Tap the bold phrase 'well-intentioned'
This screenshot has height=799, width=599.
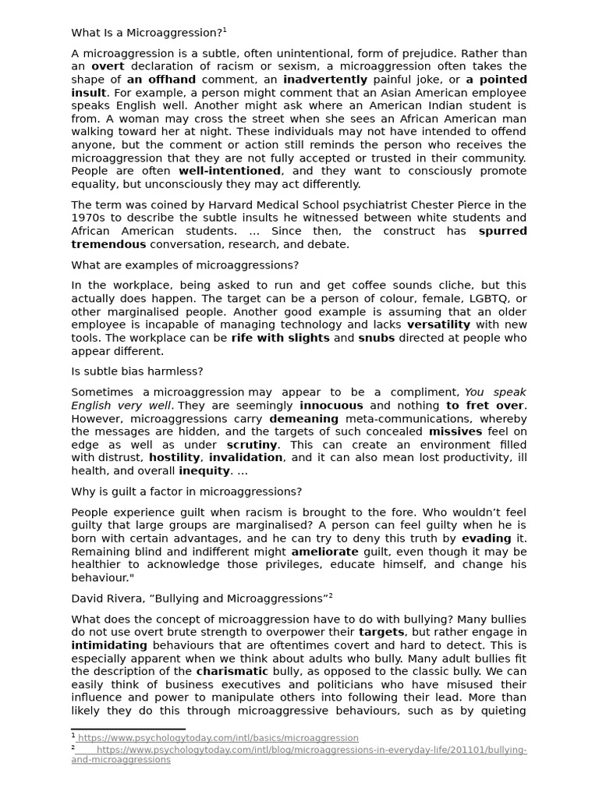(x=229, y=171)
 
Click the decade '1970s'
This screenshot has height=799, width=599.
(x=88, y=218)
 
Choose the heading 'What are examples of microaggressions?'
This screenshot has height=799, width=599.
(x=185, y=265)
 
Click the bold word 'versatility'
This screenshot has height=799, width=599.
(x=438, y=325)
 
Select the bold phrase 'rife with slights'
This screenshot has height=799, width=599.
(x=280, y=338)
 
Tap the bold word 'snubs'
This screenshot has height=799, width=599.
(x=376, y=338)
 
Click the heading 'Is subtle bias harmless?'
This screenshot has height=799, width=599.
(x=136, y=371)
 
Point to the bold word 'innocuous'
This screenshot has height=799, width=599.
(x=331, y=406)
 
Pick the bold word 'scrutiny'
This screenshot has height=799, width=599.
(x=252, y=445)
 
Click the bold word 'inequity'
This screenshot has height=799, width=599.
(x=204, y=471)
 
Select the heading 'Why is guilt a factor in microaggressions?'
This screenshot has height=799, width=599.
(x=186, y=492)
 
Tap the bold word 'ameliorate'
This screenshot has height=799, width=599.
(x=324, y=552)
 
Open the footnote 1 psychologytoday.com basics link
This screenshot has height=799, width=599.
(x=218, y=738)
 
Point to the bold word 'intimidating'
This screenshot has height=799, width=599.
(x=108, y=645)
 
